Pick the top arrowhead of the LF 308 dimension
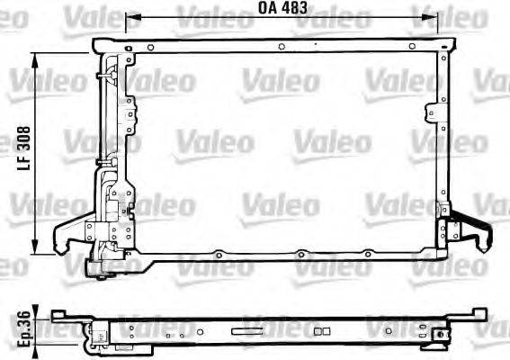36,57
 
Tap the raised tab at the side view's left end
59,313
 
